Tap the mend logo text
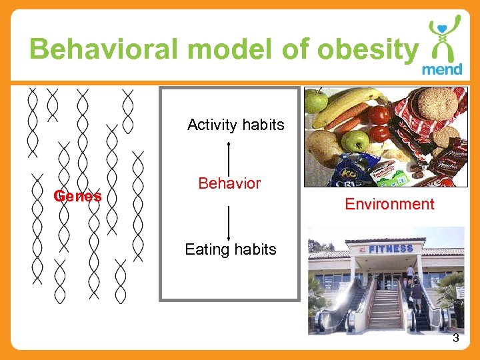442,69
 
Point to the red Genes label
78,196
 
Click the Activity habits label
236,125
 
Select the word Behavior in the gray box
229,183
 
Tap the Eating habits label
230,249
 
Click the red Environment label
389,204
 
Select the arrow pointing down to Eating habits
229,223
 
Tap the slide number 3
456,338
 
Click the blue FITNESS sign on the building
391,249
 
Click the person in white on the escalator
409,273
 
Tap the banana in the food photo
347,107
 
